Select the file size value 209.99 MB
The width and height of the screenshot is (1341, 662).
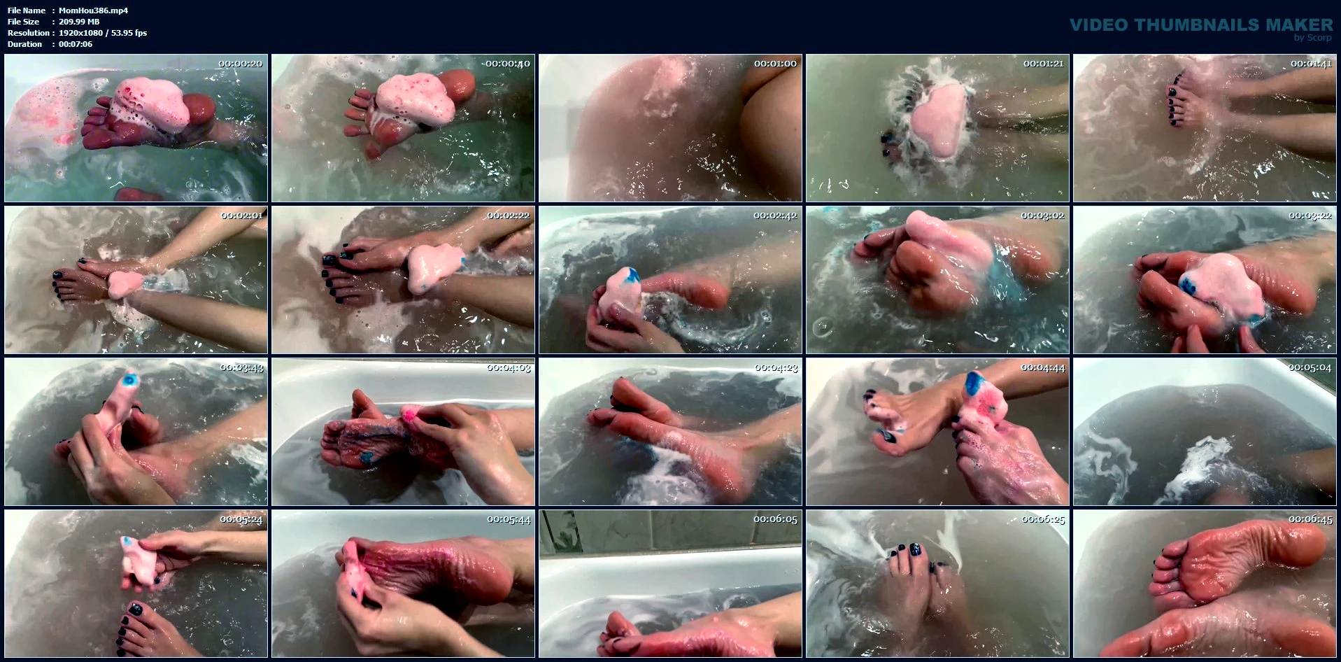[x=79, y=22]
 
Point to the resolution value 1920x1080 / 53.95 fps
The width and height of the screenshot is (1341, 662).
[x=103, y=33]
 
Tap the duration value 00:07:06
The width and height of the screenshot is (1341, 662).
[x=76, y=44]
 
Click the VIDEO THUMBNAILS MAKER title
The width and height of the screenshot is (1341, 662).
[x=1201, y=24]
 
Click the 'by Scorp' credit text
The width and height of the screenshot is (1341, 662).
[x=1313, y=38]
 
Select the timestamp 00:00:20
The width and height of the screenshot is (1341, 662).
[x=241, y=64]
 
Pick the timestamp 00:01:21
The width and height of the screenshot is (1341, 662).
[x=1044, y=64]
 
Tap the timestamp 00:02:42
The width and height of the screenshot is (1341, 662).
[x=775, y=216]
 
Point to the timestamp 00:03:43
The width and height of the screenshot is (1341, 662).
[x=241, y=367]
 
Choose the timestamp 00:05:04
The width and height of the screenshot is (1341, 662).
[x=1310, y=367]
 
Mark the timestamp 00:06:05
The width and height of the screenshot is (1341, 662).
[x=775, y=519]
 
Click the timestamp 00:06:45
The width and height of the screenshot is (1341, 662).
[x=1310, y=519]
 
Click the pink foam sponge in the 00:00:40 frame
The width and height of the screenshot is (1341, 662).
[x=414, y=101]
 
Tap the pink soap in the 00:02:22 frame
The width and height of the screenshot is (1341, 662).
[x=434, y=269]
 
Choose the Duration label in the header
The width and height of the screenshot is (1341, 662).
[x=25, y=44]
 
